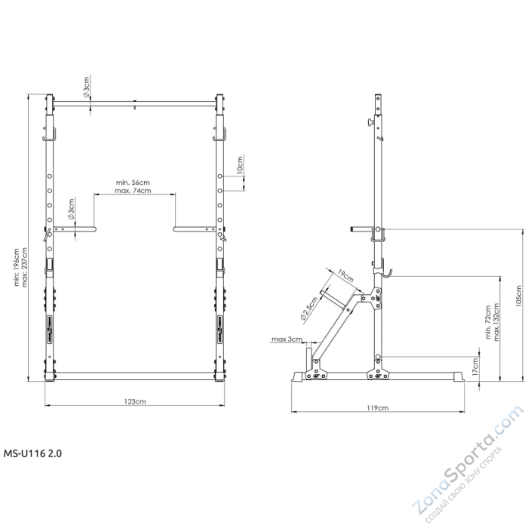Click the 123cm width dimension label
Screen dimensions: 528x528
pyautogui.click(x=136, y=401)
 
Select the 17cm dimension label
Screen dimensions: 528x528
pyautogui.click(x=474, y=367)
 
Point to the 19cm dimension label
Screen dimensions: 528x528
pyautogui.click(x=346, y=278)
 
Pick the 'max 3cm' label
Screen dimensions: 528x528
pyautogui.click(x=287, y=339)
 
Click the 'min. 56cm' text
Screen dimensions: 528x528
pyautogui.click(x=133, y=183)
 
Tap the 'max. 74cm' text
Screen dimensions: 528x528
pyautogui.click(x=134, y=191)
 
